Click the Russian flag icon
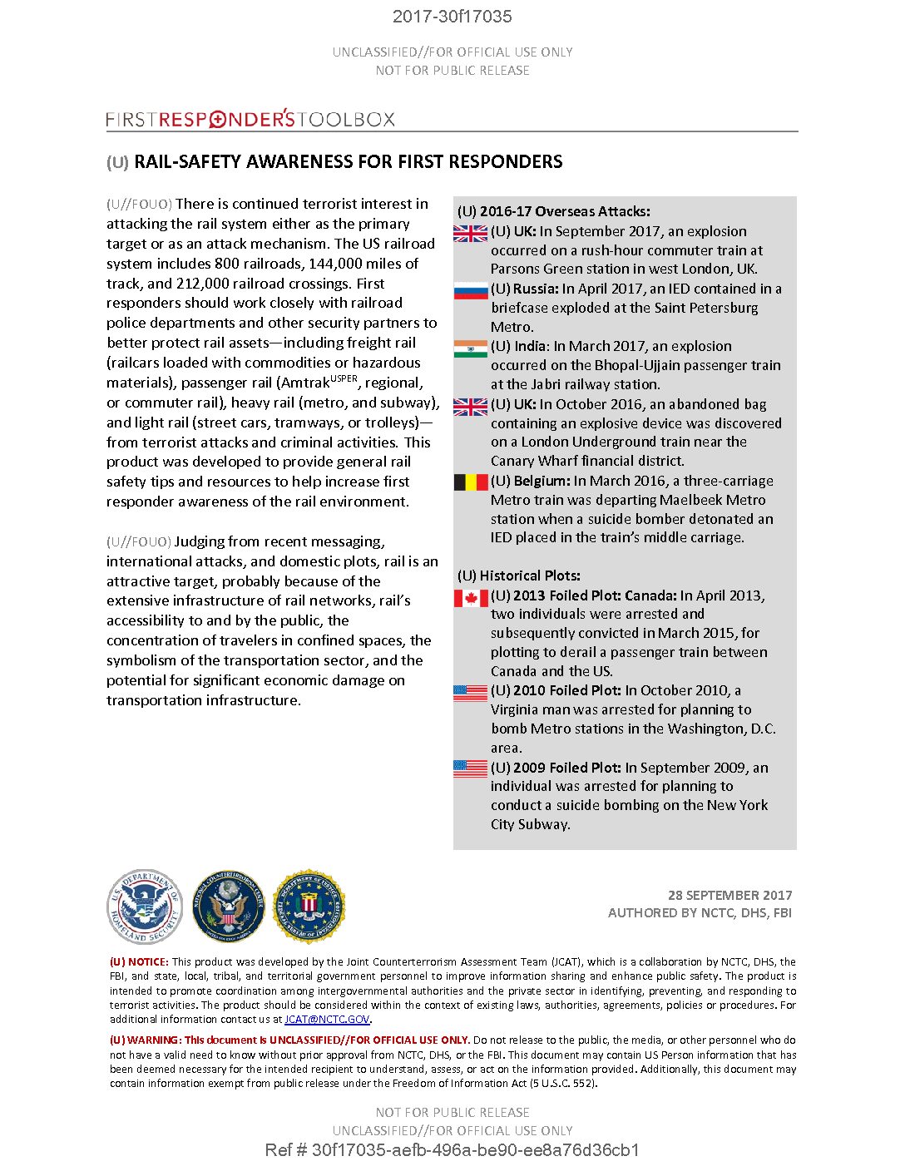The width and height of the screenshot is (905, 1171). pyautogui.click(x=471, y=291)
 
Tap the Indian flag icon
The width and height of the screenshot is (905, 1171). pyautogui.click(x=471, y=348)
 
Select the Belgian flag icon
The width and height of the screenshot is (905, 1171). pyautogui.click(x=471, y=482)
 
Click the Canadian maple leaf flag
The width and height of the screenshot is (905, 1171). pyautogui.click(x=471, y=598)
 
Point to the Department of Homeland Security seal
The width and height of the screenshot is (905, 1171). pyautogui.click(x=145, y=907)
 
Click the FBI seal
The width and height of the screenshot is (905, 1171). pyautogui.click(x=309, y=907)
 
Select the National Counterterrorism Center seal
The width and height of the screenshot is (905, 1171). pyautogui.click(x=227, y=907)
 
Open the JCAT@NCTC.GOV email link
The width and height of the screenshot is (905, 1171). pyautogui.click(x=327, y=1020)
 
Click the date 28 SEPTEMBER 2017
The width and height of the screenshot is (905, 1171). pyautogui.click(x=729, y=896)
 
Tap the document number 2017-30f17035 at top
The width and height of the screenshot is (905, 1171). pyautogui.click(x=452, y=17)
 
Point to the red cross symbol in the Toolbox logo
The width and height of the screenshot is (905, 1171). pyautogui.click(x=218, y=120)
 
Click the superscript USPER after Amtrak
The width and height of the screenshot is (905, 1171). pyautogui.click(x=344, y=378)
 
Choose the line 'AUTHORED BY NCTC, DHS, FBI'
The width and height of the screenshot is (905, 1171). pyautogui.click(x=700, y=913)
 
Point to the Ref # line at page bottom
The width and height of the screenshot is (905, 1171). pyautogui.click(x=452, y=1151)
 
